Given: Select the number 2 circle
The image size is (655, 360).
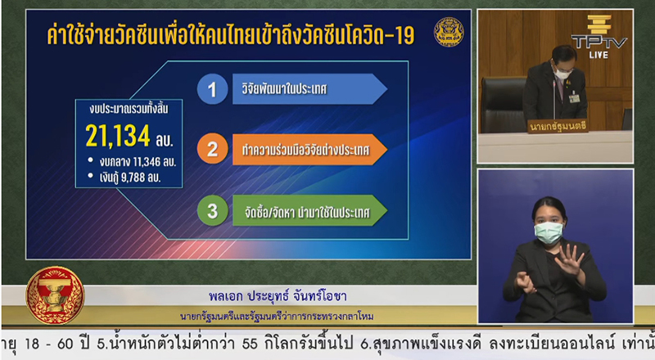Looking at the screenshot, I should pos(212,151).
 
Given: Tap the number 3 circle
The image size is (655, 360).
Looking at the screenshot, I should pos(212,211).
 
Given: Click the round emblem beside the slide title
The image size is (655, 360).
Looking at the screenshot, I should pos(449,32).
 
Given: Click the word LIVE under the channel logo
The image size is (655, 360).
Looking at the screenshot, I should pos(598,55).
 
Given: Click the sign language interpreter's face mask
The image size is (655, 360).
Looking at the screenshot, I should pos(548,233).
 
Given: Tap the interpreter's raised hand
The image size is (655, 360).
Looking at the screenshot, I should pos(568,260).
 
